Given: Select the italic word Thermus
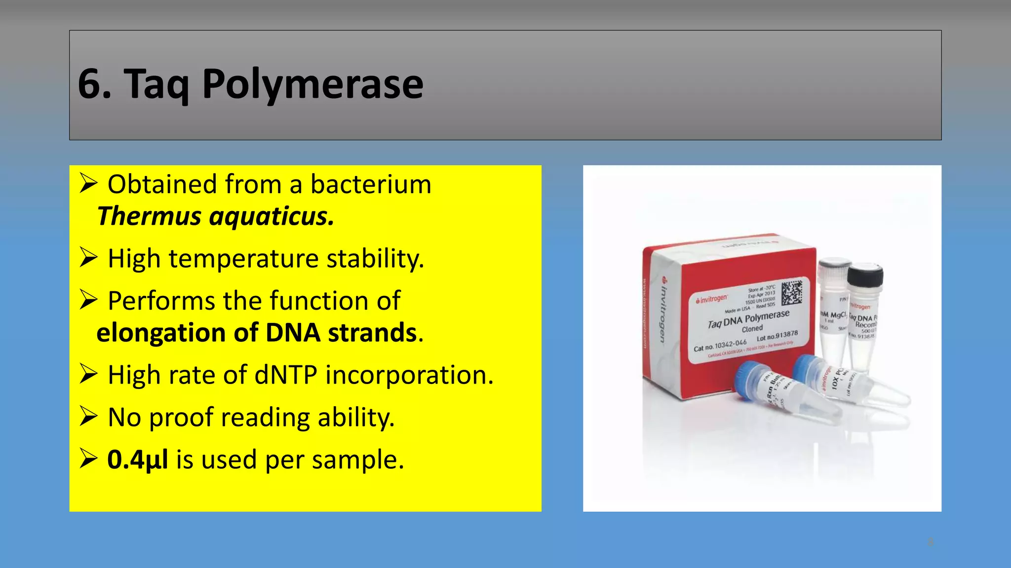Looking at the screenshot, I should point(149,216).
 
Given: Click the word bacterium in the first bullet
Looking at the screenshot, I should point(371,184).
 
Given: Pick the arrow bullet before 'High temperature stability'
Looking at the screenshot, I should point(88,258).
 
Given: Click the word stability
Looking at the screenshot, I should point(375,259).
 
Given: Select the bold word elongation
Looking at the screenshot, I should point(160,333).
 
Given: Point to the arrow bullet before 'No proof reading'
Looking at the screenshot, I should point(88,417).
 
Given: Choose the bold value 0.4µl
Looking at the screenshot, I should point(137,460).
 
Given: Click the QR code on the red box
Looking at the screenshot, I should point(792,292).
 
